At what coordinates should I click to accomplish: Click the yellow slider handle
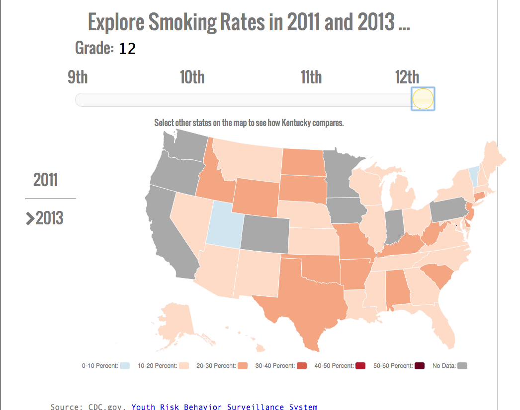[423, 99]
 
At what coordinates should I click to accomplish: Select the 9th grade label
[78, 77]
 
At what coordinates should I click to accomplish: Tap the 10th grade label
[192, 77]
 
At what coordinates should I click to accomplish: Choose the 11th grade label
[311, 77]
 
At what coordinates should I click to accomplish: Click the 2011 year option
[46, 180]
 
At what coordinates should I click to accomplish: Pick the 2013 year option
[49, 218]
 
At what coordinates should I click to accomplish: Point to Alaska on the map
[176, 320]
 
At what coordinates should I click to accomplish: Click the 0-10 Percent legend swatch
[125, 366]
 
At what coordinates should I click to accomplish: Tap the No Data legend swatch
[462, 366]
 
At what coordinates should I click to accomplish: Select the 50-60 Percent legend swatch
[420, 366]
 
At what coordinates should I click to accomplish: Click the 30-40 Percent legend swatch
[302, 366]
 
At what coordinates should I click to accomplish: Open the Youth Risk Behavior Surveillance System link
[224, 407]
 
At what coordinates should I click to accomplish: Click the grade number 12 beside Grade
[127, 49]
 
